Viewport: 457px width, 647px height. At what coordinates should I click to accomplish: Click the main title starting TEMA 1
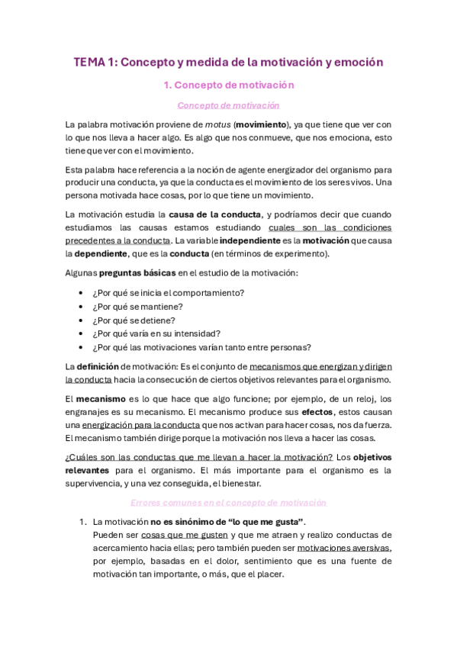click(x=228, y=63)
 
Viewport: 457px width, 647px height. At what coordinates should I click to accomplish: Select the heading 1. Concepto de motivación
click(x=228, y=85)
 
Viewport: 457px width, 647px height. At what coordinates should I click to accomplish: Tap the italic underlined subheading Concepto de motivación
click(x=228, y=105)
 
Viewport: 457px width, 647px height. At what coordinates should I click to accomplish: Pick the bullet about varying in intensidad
click(x=156, y=333)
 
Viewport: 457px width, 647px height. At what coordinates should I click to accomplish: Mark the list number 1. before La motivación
click(x=83, y=522)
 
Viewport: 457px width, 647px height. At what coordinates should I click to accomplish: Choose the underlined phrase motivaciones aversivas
click(x=333, y=548)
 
